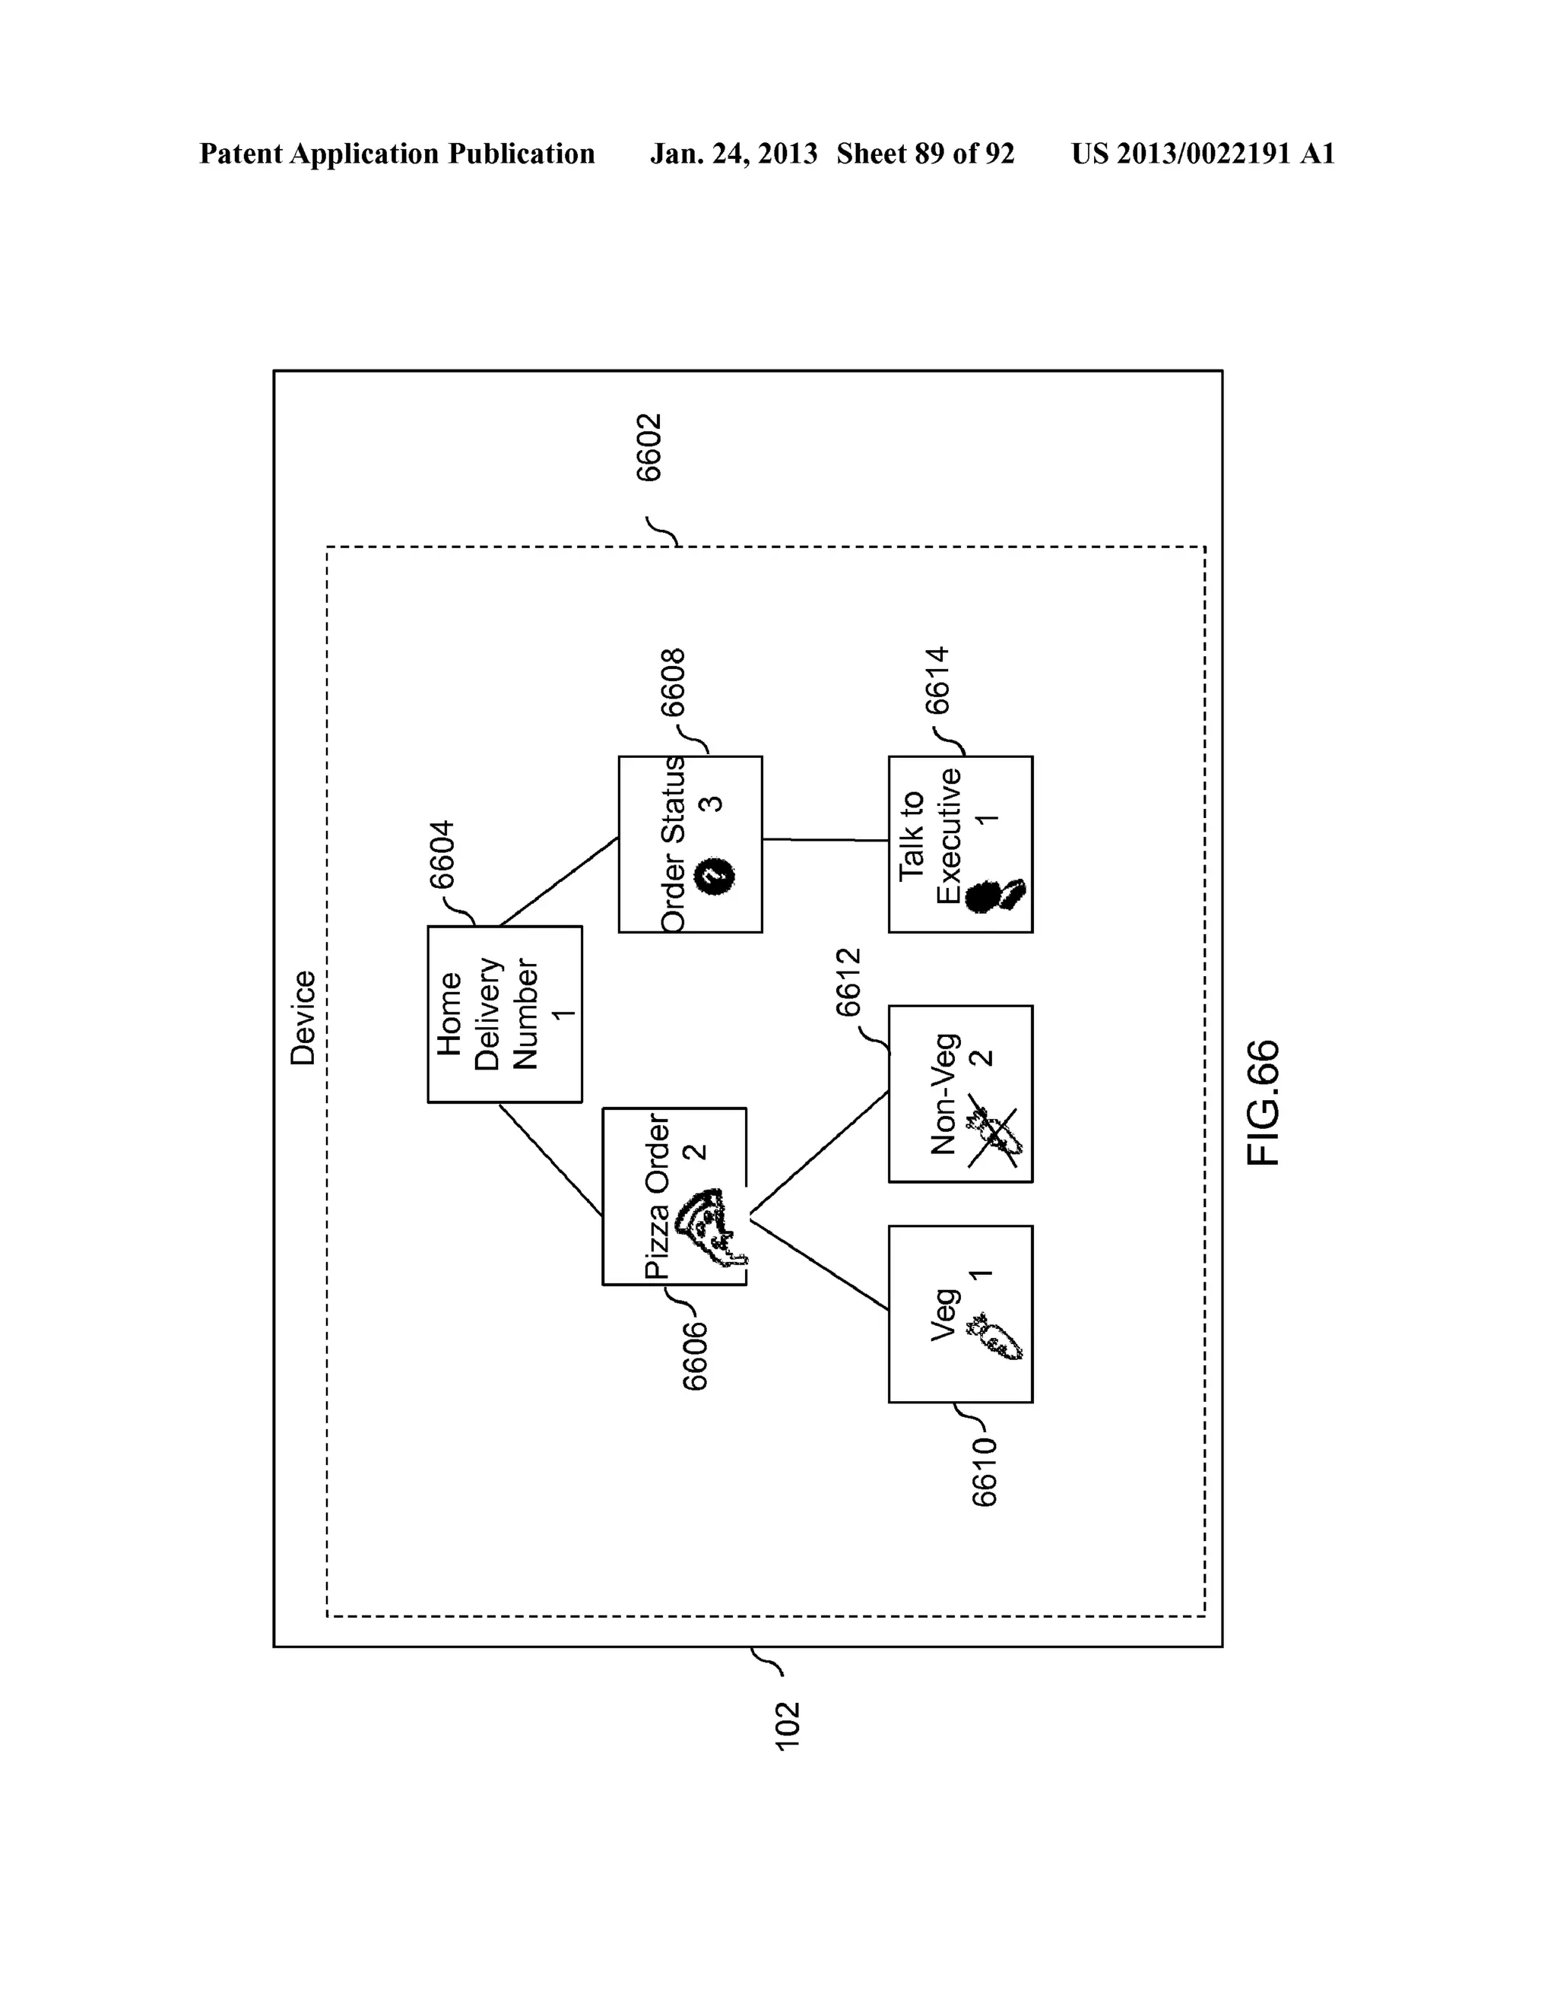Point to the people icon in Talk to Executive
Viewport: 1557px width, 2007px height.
click(997, 894)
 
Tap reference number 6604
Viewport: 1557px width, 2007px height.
click(443, 854)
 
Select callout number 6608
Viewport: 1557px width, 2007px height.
click(674, 682)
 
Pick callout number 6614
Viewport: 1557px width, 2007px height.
click(937, 680)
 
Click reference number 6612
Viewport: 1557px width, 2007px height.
click(848, 981)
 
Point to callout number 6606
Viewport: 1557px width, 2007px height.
click(695, 1355)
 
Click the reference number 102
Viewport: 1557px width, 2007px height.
click(788, 1725)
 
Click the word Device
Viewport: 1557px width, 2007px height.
click(303, 1017)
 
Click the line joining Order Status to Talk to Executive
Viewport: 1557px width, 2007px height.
click(824, 839)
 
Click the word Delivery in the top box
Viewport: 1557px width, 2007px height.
click(488, 1013)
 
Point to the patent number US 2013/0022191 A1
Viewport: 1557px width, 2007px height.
click(1202, 154)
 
